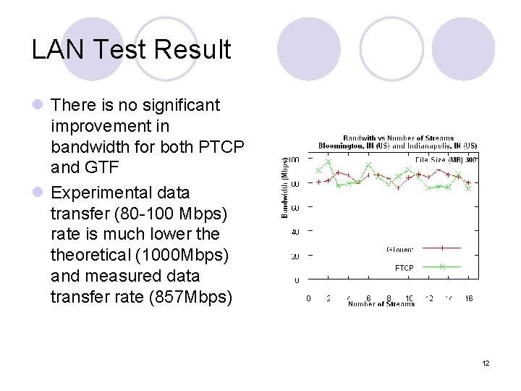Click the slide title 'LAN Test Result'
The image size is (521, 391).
[x=131, y=49]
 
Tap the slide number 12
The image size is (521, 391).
[x=486, y=363]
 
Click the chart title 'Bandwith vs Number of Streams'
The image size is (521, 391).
[x=398, y=138]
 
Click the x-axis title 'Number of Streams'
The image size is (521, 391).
[x=381, y=304]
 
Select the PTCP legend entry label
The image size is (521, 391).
[x=404, y=268]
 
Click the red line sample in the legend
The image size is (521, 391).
[x=441, y=248]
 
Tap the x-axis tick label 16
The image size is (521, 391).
[x=469, y=298]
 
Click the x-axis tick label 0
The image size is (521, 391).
[x=309, y=298]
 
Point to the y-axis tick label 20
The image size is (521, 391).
[x=295, y=256]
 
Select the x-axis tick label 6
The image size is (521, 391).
[x=369, y=298]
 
